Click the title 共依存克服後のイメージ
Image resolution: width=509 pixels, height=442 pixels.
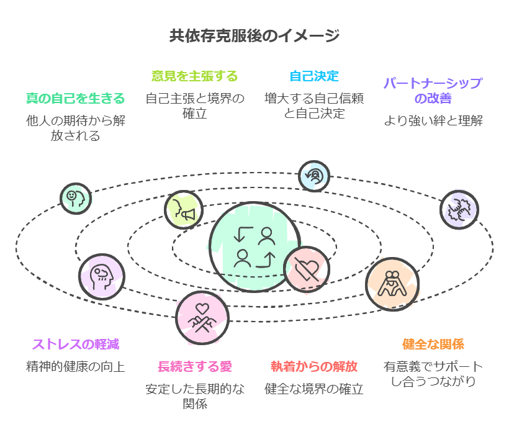(254, 35)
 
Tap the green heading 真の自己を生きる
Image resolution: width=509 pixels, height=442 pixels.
(75, 98)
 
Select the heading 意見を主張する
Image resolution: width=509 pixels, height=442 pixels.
(195, 76)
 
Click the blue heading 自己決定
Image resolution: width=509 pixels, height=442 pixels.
(314, 76)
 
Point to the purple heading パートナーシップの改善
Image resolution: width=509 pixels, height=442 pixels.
(433, 91)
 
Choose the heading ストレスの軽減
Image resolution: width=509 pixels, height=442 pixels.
(75, 344)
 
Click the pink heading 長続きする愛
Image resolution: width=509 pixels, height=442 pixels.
(195, 366)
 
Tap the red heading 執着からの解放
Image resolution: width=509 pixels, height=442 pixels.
(314, 366)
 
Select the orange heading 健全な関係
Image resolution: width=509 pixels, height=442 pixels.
(433, 344)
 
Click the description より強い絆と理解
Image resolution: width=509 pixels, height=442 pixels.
(433, 120)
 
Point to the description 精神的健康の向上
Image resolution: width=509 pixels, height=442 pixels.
(75, 366)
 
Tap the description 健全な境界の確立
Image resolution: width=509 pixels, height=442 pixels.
(314, 389)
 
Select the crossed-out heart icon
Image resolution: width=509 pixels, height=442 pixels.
(307, 269)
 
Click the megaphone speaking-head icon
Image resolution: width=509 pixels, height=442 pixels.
(184, 209)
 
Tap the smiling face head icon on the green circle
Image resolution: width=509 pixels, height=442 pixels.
(75, 197)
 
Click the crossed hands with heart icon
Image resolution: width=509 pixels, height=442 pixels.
(202, 317)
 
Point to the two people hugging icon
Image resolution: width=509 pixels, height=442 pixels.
(392, 284)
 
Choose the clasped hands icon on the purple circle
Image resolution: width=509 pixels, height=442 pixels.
(459, 209)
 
